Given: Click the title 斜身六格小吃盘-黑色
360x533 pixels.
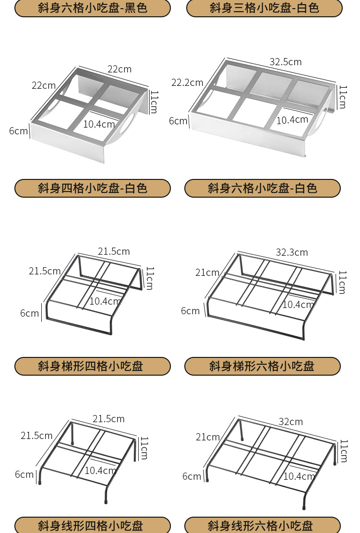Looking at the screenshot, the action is pos(93,8).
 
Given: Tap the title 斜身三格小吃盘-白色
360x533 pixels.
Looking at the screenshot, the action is pos(264,8).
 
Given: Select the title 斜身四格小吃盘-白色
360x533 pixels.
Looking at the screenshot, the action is pos(93,188).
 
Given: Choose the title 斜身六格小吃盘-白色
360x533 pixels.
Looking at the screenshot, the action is pos(263,188).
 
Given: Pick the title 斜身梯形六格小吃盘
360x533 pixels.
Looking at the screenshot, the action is pos(263,366).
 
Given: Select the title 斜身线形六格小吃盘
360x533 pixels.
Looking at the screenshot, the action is pos(263,525).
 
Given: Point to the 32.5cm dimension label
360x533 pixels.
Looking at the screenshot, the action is pos(286,62).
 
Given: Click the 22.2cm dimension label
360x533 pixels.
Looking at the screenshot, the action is pos(187,83).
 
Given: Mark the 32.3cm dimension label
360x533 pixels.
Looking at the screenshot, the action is pos(292,252).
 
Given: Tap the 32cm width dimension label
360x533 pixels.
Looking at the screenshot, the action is pos(291,422).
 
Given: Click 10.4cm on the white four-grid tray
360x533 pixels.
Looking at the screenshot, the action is pos(99,124).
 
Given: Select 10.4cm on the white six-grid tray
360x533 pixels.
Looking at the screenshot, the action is pos(292,120).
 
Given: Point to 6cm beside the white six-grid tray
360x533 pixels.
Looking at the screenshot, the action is pos(178,121).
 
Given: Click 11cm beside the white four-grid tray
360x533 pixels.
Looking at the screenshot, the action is pos(154,102).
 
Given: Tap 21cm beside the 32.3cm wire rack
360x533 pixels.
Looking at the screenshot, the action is pos(207,272).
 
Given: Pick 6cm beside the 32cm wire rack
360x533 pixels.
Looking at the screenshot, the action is pos(192,476).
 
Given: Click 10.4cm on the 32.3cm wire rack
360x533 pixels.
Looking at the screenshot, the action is pos(298,305).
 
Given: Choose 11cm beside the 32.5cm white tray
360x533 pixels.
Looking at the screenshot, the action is pos(343,97).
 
